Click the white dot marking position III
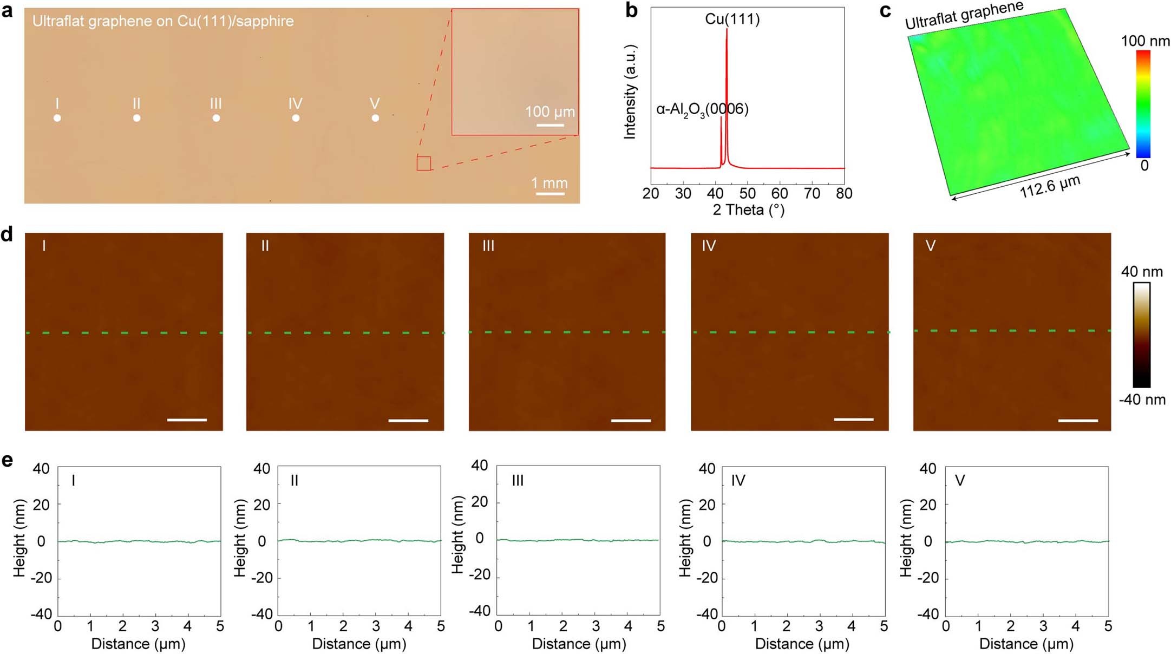click(216, 118)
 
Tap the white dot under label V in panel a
click(375, 118)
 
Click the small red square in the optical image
click(423, 163)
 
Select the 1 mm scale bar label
click(549, 183)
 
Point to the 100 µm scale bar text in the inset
click(549, 112)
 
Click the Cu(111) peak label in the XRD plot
click(732, 19)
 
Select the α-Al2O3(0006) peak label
click(702, 109)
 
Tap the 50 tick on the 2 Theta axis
click(747, 194)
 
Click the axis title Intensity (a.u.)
click(630, 92)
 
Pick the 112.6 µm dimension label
click(1050, 186)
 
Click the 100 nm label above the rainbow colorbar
click(1145, 41)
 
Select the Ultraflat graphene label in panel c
click(964, 15)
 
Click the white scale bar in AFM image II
click(408, 420)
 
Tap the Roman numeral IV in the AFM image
click(709, 246)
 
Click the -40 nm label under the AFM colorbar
click(1142, 400)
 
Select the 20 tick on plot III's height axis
click(480, 502)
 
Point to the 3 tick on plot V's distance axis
click(1043, 626)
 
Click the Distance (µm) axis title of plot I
click(138, 644)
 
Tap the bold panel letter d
click(7, 234)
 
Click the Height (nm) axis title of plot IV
click(685, 538)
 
